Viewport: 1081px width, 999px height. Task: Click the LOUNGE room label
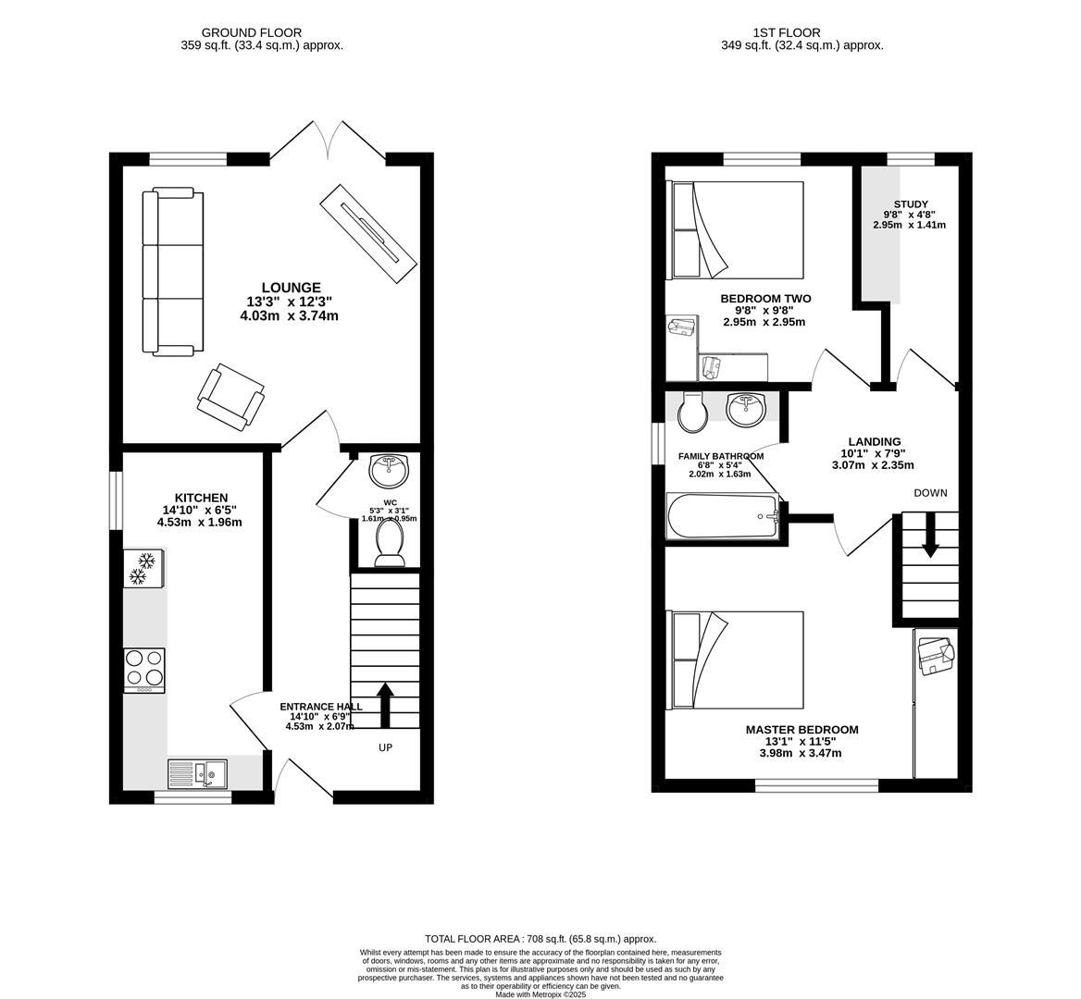point(290,288)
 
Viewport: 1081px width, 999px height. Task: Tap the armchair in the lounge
point(230,396)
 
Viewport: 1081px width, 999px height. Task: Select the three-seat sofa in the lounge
point(172,271)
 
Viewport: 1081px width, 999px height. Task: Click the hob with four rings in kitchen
point(144,670)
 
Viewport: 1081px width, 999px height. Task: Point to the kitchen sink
point(197,772)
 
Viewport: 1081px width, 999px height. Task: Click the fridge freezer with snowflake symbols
point(143,568)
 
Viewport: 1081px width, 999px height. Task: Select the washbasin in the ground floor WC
point(389,470)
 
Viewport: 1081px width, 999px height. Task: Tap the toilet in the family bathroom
point(691,413)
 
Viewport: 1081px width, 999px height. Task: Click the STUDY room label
point(911,204)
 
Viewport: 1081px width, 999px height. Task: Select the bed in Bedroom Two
point(736,229)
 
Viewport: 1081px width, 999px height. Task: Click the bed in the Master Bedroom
point(736,659)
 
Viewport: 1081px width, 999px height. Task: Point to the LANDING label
point(875,442)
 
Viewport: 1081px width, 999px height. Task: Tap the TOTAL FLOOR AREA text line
point(540,939)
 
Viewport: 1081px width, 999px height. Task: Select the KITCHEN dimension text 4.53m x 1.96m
point(199,522)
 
